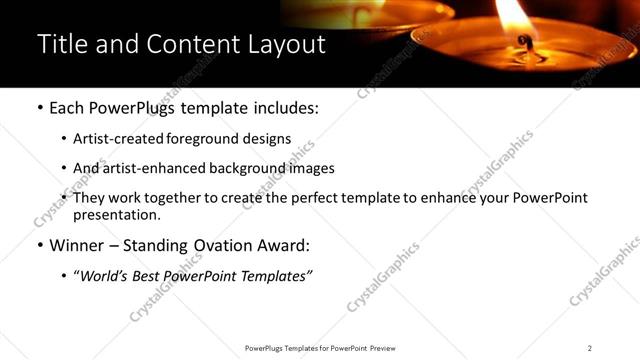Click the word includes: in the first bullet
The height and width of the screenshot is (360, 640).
coord(285,108)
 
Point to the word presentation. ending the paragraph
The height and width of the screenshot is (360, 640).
coord(117,214)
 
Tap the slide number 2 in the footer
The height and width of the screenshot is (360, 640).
coord(590,348)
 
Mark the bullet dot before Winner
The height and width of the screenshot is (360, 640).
coord(39,245)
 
